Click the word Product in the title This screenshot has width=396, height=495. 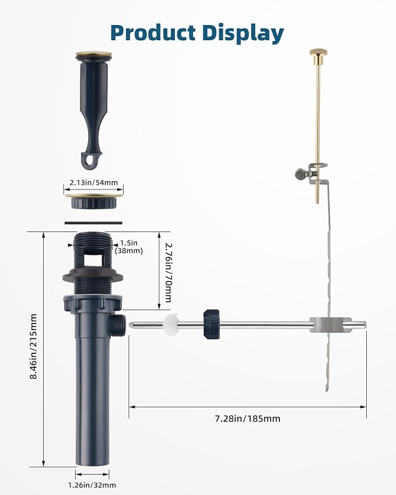pos(153,33)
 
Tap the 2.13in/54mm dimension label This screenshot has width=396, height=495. pos(93,182)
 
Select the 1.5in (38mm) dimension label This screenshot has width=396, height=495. pos(129,247)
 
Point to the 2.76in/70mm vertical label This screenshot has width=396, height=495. pos(168,272)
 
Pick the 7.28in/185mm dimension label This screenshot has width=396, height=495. pos(248,419)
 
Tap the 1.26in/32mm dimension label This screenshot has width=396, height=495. pos(92,485)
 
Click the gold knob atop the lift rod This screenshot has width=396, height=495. pos(318,52)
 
